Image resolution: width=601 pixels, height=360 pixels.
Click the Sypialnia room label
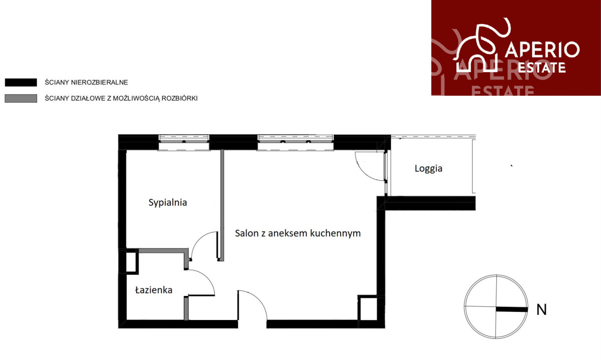click(x=168, y=203)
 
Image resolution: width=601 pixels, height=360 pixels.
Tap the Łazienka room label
click(x=154, y=290)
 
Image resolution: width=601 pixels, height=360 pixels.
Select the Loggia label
click(x=429, y=169)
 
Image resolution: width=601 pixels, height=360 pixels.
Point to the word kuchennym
click(x=336, y=233)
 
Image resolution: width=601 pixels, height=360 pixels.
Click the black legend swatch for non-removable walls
click(x=21, y=82)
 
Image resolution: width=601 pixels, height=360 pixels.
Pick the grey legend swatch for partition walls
click(x=21, y=98)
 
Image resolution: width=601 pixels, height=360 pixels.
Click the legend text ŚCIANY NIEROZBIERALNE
click(x=86, y=82)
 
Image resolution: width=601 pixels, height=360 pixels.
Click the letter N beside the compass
click(x=541, y=309)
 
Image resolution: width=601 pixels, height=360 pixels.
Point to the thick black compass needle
click(x=512, y=309)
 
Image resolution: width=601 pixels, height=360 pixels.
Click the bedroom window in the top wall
click(x=184, y=142)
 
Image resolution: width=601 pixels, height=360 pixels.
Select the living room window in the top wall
click(x=295, y=142)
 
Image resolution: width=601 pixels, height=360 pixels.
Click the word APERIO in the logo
click(x=542, y=50)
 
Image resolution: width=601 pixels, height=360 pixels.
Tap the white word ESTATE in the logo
click(x=542, y=68)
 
